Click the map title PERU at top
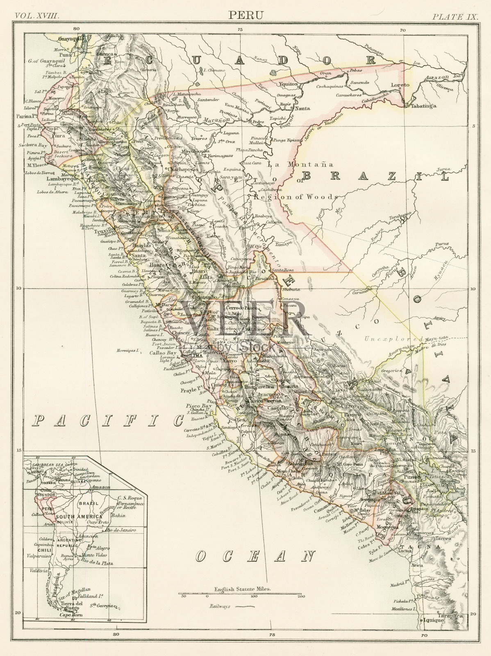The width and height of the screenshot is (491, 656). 246,15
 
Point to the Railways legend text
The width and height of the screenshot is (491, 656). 219,606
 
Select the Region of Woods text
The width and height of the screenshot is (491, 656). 296,197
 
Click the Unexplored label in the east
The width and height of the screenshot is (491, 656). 393,339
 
